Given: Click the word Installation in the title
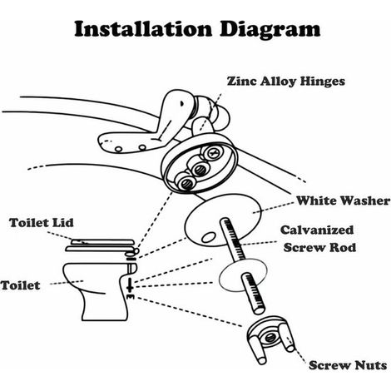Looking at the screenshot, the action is pos(143,28).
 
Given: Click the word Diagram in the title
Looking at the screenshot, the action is pos(270,30).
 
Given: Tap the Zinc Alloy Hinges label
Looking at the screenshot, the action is pos(286,82).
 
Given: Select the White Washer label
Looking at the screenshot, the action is pos(343,200).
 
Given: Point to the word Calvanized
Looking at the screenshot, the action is pos(317,230).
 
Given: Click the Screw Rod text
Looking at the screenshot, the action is pos(319,247).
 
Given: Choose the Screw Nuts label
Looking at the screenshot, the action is pos(348,365).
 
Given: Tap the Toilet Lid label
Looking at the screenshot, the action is pos(42,223).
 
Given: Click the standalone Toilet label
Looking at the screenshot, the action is pos(21,285).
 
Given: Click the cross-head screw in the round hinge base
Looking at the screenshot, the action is pos(213,152).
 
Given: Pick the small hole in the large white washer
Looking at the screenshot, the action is pos(208,237).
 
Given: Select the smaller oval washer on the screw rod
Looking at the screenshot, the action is pos(243,275).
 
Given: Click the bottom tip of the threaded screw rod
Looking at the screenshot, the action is pos(260,310).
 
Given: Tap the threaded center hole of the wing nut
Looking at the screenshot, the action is pos(269,338).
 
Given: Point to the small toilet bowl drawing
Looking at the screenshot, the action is pos(100,291).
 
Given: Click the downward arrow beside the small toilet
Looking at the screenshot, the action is pos(129,285).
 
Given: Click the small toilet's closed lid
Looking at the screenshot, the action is pos(101,245).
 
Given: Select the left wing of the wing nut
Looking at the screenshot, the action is pos(256,349).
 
